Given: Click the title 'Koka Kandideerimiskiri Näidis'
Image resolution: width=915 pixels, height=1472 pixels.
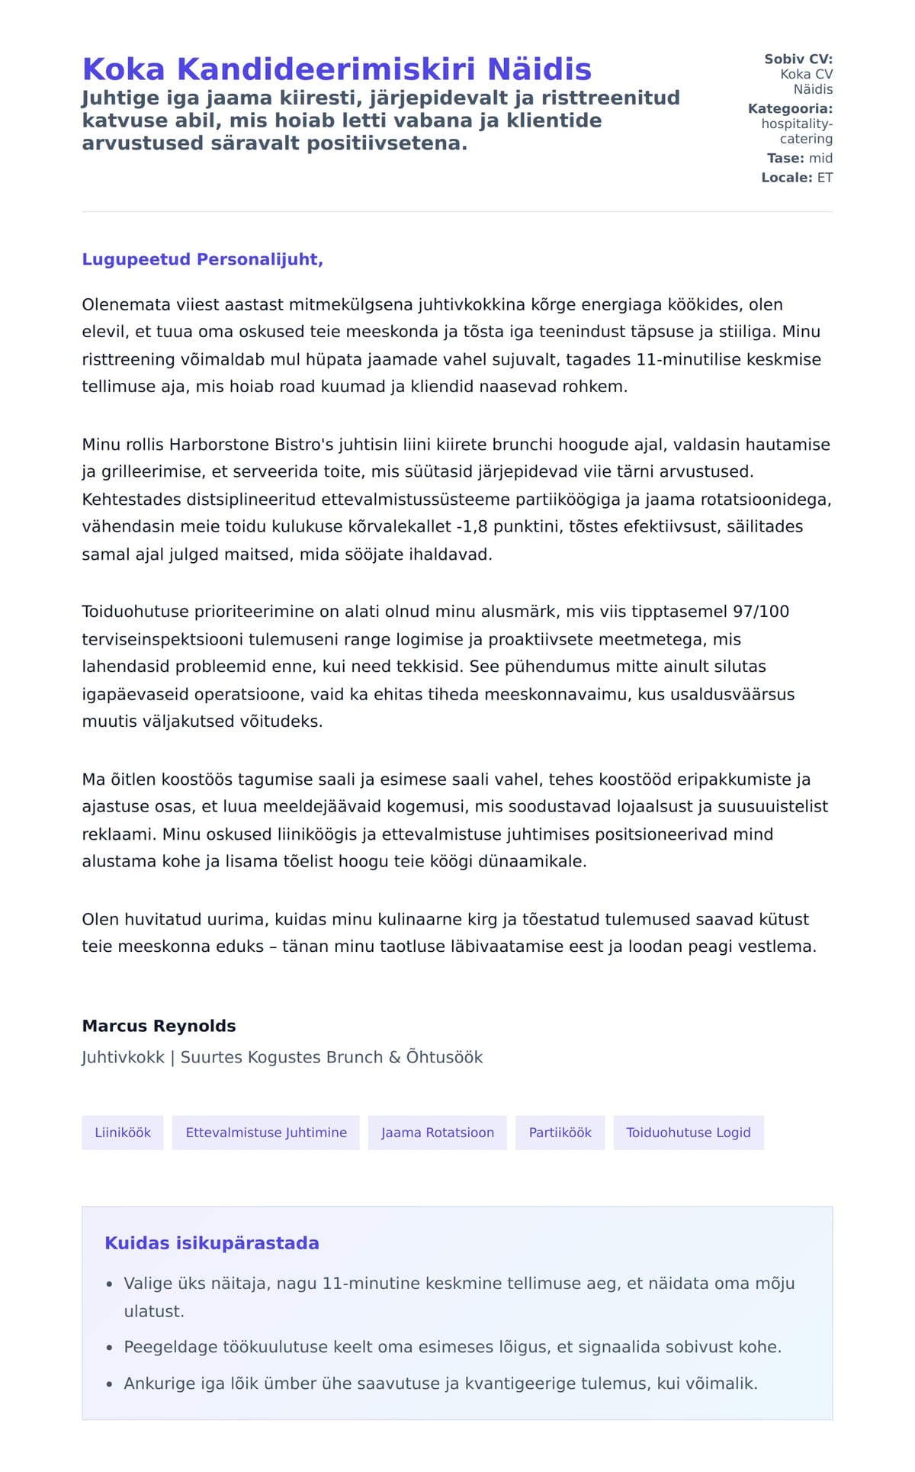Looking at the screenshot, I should coord(336,69).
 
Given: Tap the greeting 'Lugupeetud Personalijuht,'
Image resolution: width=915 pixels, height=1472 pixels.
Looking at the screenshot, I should coord(202,259).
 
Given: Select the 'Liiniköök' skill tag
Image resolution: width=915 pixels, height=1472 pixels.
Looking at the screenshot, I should coord(123,1133).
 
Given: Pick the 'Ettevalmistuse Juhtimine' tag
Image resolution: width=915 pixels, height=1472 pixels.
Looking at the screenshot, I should coord(266,1133).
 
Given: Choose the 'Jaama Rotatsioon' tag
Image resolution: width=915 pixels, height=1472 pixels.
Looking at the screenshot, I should coord(438,1133).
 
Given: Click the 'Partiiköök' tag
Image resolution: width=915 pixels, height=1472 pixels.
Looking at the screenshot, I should coord(560,1133).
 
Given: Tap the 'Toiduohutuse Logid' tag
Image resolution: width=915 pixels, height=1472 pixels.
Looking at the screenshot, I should coord(689,1133).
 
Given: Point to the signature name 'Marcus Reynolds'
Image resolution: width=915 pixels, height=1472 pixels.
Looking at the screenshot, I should coord(159,1026).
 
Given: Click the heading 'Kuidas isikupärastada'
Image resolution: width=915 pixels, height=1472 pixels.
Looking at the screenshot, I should coord(212,1243).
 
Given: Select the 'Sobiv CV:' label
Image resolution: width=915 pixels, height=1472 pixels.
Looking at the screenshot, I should coord(798,59).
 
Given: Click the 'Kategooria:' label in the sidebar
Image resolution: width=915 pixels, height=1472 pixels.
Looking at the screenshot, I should coord(790,108).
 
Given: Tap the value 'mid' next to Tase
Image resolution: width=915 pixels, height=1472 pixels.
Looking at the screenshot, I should coord(820,158).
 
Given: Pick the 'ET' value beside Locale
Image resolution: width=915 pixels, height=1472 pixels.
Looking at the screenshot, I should coord(825,178).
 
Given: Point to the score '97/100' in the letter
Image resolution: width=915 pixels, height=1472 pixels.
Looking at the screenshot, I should coord(761,612).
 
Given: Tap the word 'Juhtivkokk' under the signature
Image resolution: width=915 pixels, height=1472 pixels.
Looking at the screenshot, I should coord(123,1057).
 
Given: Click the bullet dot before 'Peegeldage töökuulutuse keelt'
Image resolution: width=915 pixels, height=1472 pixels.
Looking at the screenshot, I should coord(110,1348).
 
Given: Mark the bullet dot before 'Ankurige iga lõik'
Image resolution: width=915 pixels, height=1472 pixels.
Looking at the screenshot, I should coord(110,1384).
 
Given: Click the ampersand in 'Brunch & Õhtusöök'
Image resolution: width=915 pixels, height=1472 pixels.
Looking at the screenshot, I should coord(394,1057).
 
